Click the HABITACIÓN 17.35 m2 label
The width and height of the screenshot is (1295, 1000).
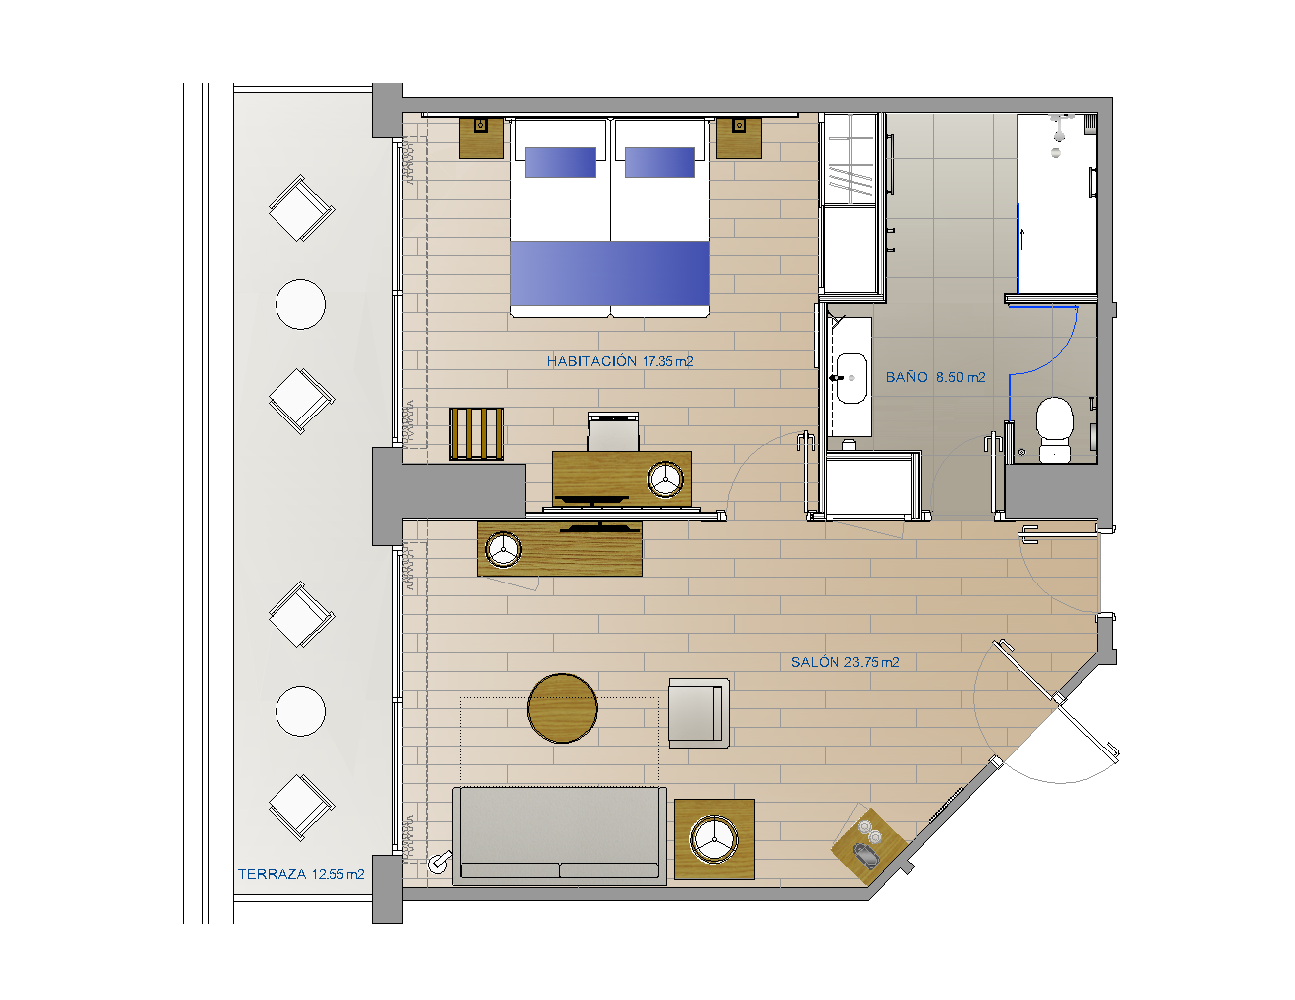pyautogui.click(x=620, y=361)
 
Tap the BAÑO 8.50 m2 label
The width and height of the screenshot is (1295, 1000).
pyautogui.click(x=935, y=377)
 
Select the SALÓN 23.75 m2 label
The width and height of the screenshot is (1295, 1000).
pyautogui.click(x=844, y=662)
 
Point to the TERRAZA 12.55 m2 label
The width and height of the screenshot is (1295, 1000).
pyautogui.click(x=301, y=874)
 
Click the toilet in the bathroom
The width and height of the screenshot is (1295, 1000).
pyautogui.click(x=1055, y=429)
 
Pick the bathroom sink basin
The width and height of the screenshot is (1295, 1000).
pyautogui.click(x=851, y=378)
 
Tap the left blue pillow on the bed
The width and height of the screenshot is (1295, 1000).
pyautogui.click(x=560, y=162)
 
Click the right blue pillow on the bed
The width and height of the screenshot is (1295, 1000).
pyautogui.click(x=659, y=162)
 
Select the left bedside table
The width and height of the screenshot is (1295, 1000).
pyautogui.click(x=481, y=138)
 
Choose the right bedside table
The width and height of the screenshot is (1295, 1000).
pyautogui.click(x=739, y=138)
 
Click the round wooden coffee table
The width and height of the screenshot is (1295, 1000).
pyautogui.click(x=562, y=708)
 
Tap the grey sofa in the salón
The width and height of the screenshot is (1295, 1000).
pyautogui.click(x=560, y=836)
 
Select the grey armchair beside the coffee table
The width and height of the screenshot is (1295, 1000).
pyautogui.click(x=698, y=713)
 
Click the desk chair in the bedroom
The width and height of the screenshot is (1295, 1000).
pyautogui.click(x=614, y=431)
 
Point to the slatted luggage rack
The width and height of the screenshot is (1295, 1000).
pyautogui.click(x=476, y=434)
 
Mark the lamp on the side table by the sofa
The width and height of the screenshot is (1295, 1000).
pyautogui.click(x=714, y=839)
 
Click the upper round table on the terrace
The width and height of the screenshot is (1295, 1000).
pyautogui.click(x=301, y=304)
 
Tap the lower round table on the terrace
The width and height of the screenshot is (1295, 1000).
pyautogui.click(x=301, y=711)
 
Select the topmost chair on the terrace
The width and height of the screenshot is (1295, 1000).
pyautogui.click(x=301, y=208)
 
